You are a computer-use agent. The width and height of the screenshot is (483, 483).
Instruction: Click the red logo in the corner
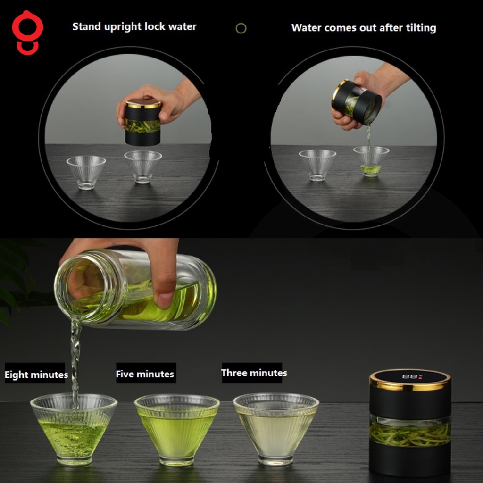28,33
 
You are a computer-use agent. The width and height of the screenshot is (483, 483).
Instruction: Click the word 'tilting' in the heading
421,28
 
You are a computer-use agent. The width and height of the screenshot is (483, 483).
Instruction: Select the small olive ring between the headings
241,28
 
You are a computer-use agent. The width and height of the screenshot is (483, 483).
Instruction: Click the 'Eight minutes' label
36,374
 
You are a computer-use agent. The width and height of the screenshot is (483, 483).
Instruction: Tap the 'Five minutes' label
145,374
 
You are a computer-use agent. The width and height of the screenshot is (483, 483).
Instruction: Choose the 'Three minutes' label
254,373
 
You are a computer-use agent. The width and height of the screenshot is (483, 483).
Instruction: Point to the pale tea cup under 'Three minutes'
275,429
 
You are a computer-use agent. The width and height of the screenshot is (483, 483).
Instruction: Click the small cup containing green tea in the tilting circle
371,161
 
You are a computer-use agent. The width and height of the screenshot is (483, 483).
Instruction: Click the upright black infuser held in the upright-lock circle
142,122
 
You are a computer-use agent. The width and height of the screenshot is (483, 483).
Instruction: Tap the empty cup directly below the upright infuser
143,167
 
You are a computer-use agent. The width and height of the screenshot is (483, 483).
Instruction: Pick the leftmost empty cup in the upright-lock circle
86,172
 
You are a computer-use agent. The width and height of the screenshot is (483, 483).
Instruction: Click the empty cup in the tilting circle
317,165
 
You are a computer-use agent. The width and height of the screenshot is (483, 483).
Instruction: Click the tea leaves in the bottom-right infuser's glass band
410,434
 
